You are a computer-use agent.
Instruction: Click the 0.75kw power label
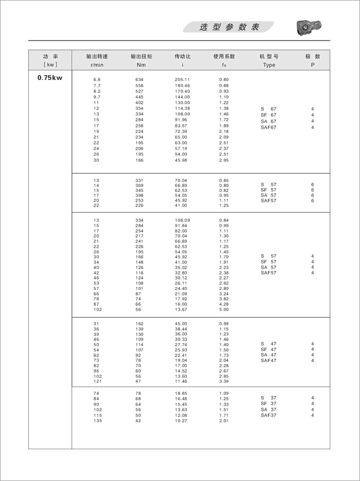tap(50, 78)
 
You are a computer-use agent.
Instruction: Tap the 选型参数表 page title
tap(229, 27)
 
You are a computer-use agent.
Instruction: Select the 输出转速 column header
tap(97, 56)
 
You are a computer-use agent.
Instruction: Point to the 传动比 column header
tap(182, 56)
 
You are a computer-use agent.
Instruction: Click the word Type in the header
tap(269, 65)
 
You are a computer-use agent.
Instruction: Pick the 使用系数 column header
tap(224, 56)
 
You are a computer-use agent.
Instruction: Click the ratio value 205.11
tap(182, 80)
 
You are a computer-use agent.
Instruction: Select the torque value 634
tap(139, 80)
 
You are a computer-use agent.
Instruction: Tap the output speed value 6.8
tap(97, 80)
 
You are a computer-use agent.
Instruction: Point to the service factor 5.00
tap(224, 310)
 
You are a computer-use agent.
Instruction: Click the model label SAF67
tap(268, 127)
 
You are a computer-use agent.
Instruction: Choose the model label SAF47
tap(268, 361)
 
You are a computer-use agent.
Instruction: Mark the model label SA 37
tap(268, 409)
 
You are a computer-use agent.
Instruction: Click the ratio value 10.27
tap(182, 421)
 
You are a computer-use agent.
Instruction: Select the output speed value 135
tap(97, 421)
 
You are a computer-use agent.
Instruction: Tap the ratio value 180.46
tap(182, 86)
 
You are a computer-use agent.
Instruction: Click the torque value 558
tap(139, 86)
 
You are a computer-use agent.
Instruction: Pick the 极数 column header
tap(313, 56)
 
